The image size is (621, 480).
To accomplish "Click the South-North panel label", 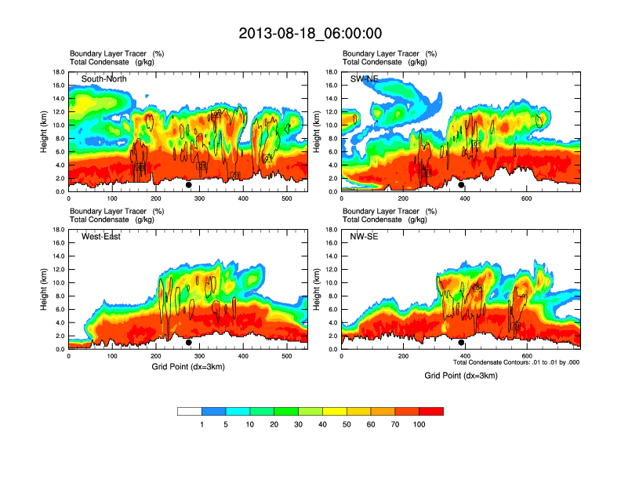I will click(104, 79).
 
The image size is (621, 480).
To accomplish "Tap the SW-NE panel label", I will click(365, 79).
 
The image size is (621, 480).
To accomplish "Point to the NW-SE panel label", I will click(365, 237).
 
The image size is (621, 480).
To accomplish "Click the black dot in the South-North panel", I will click(189, 185).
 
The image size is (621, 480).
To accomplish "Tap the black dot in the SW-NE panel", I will click(461, 185).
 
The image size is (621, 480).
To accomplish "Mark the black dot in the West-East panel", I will click(189, 342).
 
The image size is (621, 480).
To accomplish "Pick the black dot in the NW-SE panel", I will click(461, 342).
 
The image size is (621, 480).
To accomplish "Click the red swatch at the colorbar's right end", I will click(431, 411).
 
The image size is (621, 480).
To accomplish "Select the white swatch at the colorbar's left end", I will click(190, 411).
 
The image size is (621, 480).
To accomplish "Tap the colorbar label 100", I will click(419, 424).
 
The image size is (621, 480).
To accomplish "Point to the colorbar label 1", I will click(202, 424).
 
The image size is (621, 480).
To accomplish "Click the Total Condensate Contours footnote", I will click(516, 362).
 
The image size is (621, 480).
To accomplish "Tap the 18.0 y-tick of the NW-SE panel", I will click(331, 230).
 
